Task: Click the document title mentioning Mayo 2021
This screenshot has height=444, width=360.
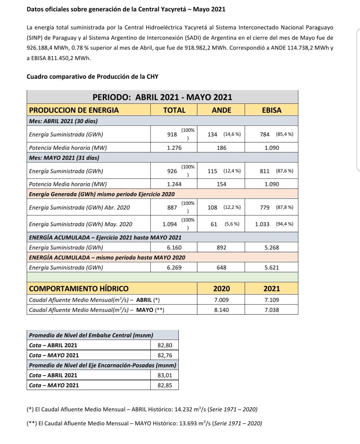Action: click(126, 9)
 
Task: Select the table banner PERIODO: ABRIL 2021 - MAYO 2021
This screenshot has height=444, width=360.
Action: click(162, 97)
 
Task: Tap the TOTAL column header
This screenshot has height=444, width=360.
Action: click(174, 110)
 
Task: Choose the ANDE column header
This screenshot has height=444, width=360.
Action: click(221, 110)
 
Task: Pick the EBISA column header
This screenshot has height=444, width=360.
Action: click(271, 110)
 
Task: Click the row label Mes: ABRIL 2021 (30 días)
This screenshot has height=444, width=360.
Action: click(63, 121)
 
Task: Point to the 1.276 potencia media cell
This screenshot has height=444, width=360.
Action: click(174, 148)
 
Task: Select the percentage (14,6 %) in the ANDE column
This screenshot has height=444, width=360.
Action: click(232, 134)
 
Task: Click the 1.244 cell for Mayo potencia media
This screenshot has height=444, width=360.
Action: click(174, 184)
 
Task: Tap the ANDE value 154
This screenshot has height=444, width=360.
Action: click(221, 184)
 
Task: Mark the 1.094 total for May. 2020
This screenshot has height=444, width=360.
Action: click(170, 224)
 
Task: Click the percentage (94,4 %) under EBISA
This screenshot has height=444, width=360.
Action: click(284, 224)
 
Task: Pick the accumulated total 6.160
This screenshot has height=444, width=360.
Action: click(174, 248)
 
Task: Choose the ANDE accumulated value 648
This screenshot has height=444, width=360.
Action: click(221, 267)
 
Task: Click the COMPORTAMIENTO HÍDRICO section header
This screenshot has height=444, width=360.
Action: click(79, 289)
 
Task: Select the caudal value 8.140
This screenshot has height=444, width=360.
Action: click(221, 310)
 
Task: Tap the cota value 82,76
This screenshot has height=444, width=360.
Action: click(165, 355)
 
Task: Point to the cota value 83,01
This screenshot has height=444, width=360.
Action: click(165, 375)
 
